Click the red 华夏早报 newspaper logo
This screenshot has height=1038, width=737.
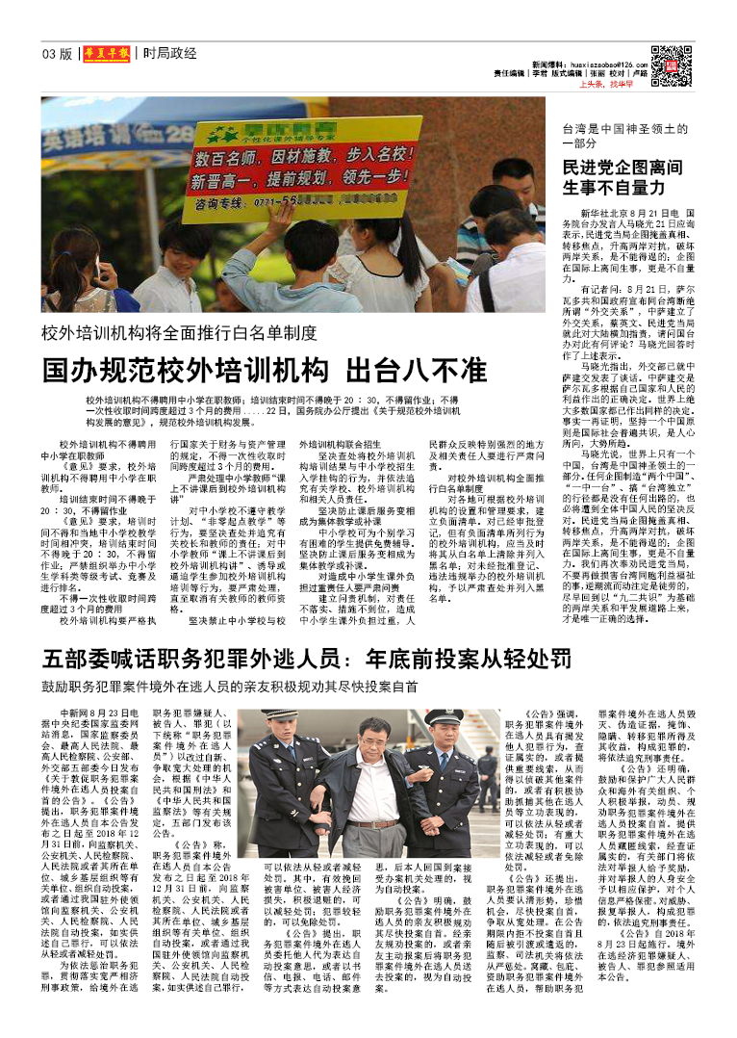click(x=104, y=54)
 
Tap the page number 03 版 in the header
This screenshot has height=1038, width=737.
click(x=57, y=54)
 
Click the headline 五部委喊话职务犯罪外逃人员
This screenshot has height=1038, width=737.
click(x=306, y=661)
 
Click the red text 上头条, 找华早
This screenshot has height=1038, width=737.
click(x=612, y=84)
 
